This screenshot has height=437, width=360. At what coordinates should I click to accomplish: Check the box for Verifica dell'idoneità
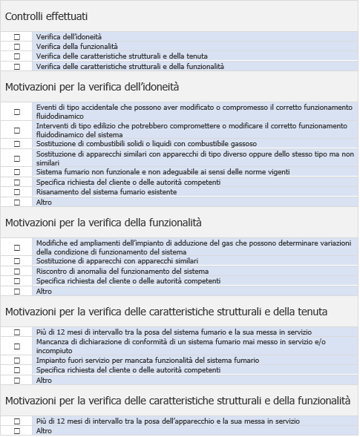[x=17, y=36]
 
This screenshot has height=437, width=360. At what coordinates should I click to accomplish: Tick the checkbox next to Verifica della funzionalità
[x=17, y=46]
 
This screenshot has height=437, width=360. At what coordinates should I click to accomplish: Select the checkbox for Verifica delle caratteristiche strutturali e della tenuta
[x=17, y=56]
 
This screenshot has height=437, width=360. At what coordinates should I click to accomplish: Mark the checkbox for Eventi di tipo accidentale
[x=17, y=112]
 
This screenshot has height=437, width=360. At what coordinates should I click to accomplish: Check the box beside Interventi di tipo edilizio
[x=17, y=131]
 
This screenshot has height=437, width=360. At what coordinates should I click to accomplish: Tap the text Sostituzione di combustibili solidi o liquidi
[x=146, y=144]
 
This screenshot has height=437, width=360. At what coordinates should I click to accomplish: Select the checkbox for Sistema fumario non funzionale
[x=17, y=172]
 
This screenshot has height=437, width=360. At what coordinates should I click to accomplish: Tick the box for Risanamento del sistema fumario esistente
[x=17, y=192]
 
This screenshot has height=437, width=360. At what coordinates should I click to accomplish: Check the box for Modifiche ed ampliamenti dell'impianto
[x=17, y=247]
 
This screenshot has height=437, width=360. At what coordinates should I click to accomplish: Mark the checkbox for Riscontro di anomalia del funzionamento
[x=17, y=272]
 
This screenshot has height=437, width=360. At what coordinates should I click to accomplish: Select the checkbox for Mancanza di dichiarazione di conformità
[x=17, y=346]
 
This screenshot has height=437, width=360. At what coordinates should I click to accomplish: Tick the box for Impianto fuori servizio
[x=17, y=361]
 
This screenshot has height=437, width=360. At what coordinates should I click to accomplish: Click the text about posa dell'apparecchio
[x=168, y=421]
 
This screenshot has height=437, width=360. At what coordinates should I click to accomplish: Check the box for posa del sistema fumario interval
[x=17, y=332]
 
